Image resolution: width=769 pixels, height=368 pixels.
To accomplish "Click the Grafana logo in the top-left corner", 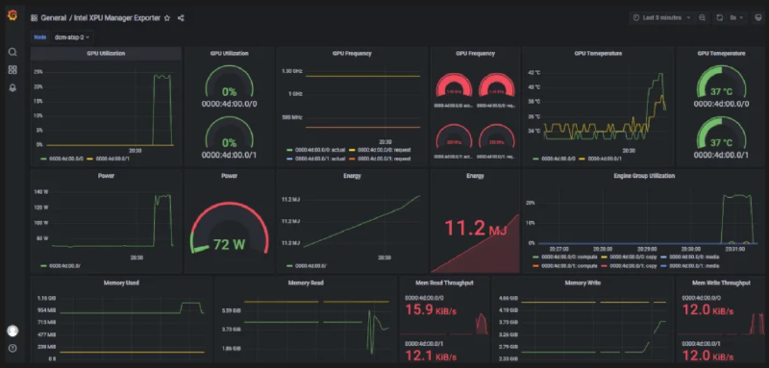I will point(12,17).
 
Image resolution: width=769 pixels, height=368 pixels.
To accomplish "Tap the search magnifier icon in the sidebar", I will point(12,52).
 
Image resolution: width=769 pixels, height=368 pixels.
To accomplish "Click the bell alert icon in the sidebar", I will point(12,87).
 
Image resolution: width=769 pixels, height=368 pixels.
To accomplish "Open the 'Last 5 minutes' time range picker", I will point(662,17).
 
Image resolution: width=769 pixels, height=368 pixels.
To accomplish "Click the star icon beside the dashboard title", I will point(167,17).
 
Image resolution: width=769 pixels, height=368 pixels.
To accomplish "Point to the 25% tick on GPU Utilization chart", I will point(37,72).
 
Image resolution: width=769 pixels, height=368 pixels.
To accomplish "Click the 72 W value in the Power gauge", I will point(229,243).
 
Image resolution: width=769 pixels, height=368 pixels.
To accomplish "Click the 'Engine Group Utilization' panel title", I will point(642,176).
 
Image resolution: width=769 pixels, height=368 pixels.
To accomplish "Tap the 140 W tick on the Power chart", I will point(40,193).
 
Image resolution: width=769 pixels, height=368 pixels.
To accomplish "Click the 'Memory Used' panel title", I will point(120,282).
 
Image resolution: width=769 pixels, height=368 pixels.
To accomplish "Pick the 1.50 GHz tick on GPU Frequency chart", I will point(291,72).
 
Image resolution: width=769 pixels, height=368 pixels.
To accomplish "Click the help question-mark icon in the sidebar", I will point(12,348).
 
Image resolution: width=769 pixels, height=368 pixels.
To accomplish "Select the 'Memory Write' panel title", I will point(582,282).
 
